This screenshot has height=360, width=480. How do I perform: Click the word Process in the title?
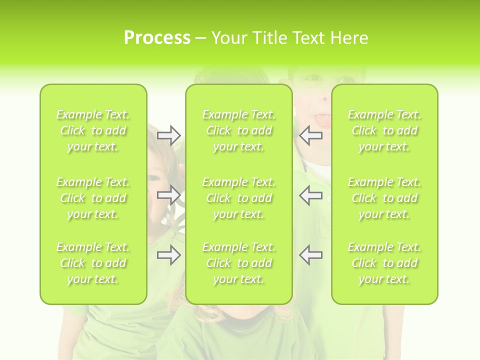pos(157,38)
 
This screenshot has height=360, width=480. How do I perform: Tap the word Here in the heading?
pos(349,38)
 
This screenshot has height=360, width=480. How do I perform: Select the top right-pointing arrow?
pos(168,135)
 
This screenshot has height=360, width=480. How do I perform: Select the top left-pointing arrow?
pos(310,135)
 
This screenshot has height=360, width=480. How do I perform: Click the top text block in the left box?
pos(93,130)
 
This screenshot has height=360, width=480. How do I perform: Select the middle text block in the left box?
pos(93,198)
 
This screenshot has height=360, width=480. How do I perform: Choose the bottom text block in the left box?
pos(93,263)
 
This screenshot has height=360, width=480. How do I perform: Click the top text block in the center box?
pos(239,130)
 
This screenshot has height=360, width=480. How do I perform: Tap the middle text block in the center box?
pos(239,198)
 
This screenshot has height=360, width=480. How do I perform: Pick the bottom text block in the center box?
pos(239,263)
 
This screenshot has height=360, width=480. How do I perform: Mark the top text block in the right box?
pos(384,130)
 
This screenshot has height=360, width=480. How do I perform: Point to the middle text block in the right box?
pos(384,198)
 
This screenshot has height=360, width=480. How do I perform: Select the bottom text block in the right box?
pos(384,263)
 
